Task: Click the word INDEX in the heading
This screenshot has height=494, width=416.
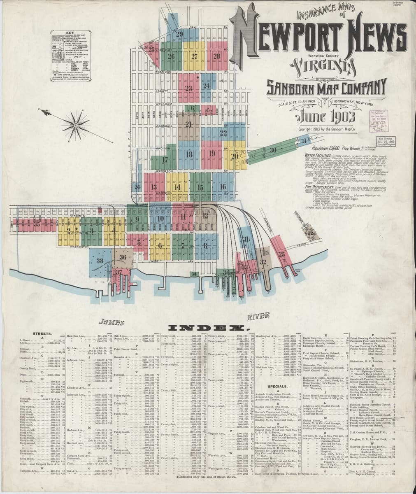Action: pos(208,328)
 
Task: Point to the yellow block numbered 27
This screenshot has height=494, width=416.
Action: pos(194,56)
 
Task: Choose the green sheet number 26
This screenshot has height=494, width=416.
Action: pos(172,56)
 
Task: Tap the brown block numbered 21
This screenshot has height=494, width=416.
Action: pos(189,124)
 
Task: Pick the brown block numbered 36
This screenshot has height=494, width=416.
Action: pos(122,257)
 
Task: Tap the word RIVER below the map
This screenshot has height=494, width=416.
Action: pos(259,316)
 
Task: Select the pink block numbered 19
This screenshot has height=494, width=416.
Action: pos(211,154)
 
